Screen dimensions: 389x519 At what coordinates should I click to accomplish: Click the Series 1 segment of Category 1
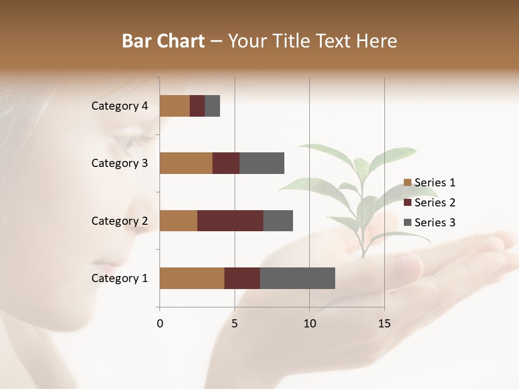click(192, 278)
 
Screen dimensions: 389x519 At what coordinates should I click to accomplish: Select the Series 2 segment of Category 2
click(230, 220)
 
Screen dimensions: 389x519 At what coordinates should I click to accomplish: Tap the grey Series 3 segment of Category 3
click(262, 163)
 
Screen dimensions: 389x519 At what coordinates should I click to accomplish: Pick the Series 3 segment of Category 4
click(212, 106)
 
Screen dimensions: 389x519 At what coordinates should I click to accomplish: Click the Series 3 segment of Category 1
click(297, 278)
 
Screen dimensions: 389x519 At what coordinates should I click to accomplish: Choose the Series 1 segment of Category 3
click(186, 163)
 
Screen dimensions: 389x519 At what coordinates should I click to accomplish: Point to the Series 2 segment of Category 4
click(197, 106)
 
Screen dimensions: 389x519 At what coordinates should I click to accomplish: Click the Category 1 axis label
click(119, 278)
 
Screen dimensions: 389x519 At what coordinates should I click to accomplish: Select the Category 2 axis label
click(119, 221)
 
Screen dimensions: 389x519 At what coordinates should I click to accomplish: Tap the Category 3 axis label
click(119, 163)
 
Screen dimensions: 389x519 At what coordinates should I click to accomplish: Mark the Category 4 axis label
click(119, 106)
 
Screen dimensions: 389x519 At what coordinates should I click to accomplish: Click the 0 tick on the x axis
click(160, 324)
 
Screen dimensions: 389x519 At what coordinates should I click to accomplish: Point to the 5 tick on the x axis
click(235, 324)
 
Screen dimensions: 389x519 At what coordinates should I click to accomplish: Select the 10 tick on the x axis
click(309, 324)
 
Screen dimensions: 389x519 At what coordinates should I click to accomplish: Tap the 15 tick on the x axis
click(384, 324)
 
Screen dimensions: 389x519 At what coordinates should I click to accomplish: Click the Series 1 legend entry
click(430, 183)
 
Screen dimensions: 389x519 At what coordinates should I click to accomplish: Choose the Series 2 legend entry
click(430, 203)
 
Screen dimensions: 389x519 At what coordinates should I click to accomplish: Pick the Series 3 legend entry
click(430, 223)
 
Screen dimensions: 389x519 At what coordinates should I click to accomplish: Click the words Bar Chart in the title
click(163, 41)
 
